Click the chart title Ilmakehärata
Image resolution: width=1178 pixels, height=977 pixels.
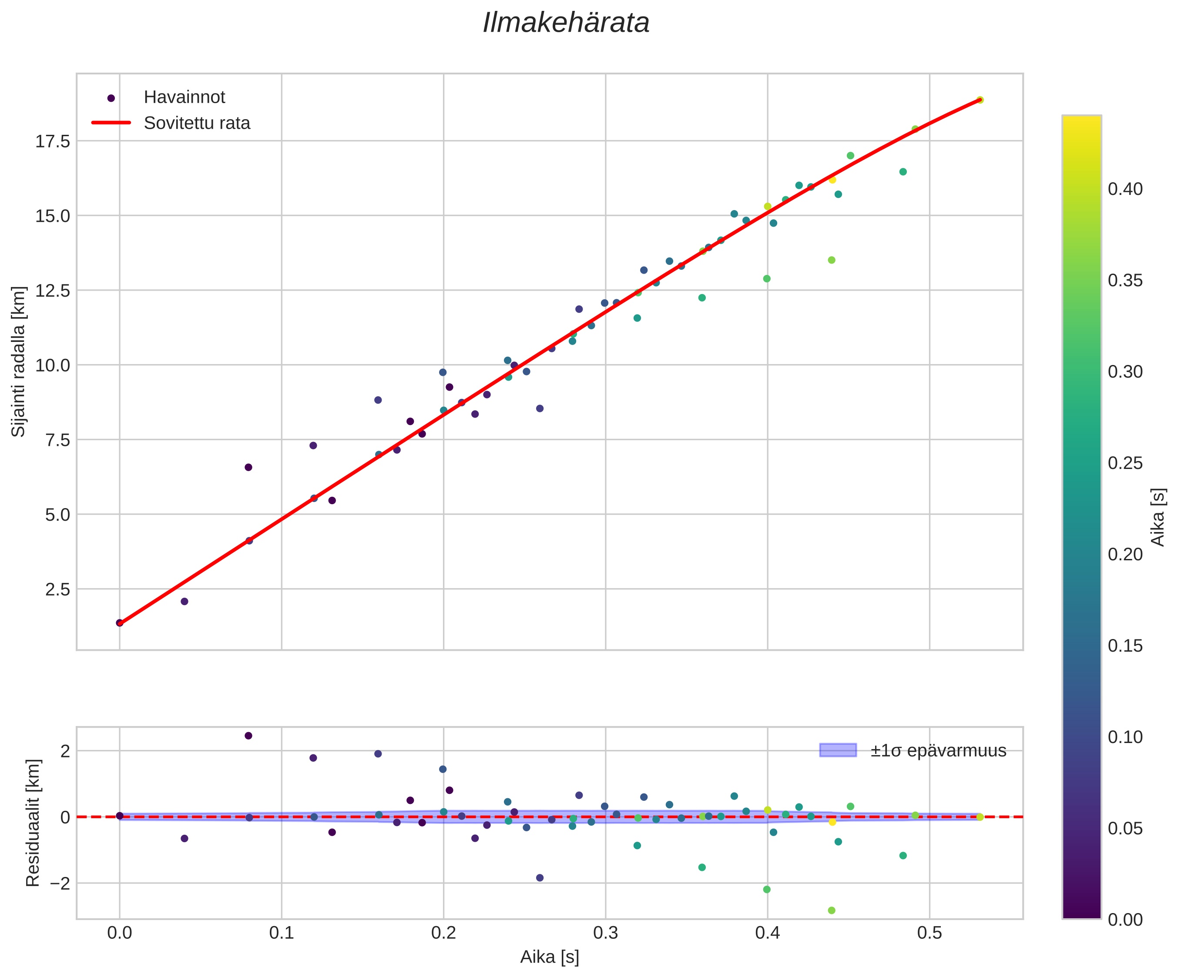tap(566, 23)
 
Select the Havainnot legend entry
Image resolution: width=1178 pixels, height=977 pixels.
tap(184, 97)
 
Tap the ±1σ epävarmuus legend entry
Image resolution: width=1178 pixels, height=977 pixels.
tap(938, 750)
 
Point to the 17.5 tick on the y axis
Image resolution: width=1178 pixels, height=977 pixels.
tap(53, 141)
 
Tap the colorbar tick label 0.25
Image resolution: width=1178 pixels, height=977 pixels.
tap(1125, 463)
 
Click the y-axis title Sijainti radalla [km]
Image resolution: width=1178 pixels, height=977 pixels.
tap(19, 362)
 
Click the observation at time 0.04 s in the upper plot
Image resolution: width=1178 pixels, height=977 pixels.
tap(184, 601)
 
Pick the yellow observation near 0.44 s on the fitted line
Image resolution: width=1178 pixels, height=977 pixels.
tap(832, 180)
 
